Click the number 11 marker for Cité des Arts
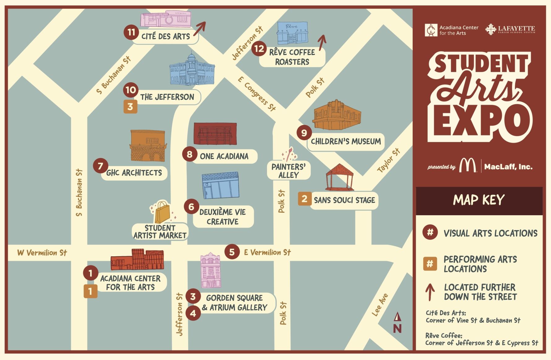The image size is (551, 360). [x=131, y=32]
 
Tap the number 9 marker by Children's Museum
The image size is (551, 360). [x=304, y=133]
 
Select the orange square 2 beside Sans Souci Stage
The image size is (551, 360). [x=304, y=199]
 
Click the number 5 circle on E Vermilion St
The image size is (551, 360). [x=232, y=252]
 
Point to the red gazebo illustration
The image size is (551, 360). [x=339, y=177]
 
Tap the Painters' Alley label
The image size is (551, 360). [x=288, y=171]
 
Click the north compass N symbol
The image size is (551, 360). [x=397, y=323]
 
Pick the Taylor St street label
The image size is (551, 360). [x=389, y=160]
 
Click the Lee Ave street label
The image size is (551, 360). [x=380, y=305]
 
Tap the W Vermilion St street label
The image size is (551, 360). [x=42, y=253]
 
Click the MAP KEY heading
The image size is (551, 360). [x=479, y=200]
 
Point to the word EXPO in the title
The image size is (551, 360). [x=480, y=122]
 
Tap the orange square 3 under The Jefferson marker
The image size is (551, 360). [x=130, y=107]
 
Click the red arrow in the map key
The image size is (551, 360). [x=430, y=292]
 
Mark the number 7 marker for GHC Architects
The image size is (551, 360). [x=100, y=166]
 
